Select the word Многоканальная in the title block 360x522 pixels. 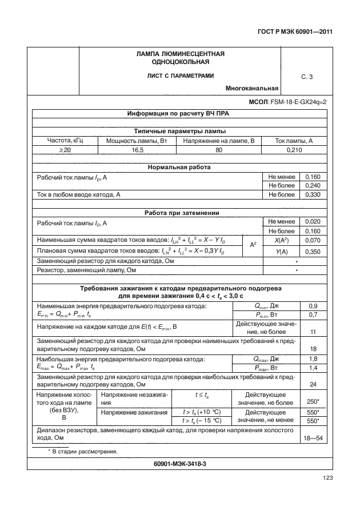(x=252, y=89)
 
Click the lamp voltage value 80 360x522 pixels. (x=218, y=150)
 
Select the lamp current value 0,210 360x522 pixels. (x=294, y=150)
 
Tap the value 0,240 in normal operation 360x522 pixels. (x=313, y=186)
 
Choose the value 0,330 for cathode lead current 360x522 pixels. (x=313, y=195)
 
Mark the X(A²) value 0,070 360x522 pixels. (x=313, y=240)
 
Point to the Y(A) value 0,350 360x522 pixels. (x=313, y=251)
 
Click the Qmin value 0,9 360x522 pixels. (x=313, y=306)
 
